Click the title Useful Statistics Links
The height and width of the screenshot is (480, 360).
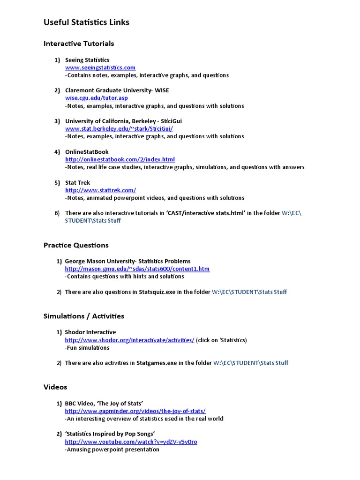point(86,22)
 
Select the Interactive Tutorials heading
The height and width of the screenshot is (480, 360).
point(79,44)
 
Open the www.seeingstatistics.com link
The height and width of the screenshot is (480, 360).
point(100,67)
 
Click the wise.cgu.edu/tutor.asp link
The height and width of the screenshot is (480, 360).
point(96,98)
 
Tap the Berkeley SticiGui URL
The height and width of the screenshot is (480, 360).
point(119,128)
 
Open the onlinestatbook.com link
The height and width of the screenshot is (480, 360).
point(120,159)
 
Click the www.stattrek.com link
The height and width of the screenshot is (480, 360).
point(100,190)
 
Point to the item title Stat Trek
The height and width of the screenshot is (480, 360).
point(77,182)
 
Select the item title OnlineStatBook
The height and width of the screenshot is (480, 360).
point(87,152)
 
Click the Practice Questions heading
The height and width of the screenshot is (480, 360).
point(76,245)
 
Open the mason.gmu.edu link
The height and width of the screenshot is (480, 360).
point(137,269)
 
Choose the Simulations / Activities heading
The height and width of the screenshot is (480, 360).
point(84,316)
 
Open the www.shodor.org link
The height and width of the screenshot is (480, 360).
point(129,340)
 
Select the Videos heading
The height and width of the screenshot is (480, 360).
point(55,387)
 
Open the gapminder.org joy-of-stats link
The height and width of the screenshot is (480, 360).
point(135,411)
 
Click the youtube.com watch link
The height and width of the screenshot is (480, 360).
point(131,442)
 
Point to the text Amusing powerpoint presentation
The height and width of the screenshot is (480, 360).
point(112,450)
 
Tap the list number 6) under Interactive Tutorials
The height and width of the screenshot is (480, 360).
point(57,213)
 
